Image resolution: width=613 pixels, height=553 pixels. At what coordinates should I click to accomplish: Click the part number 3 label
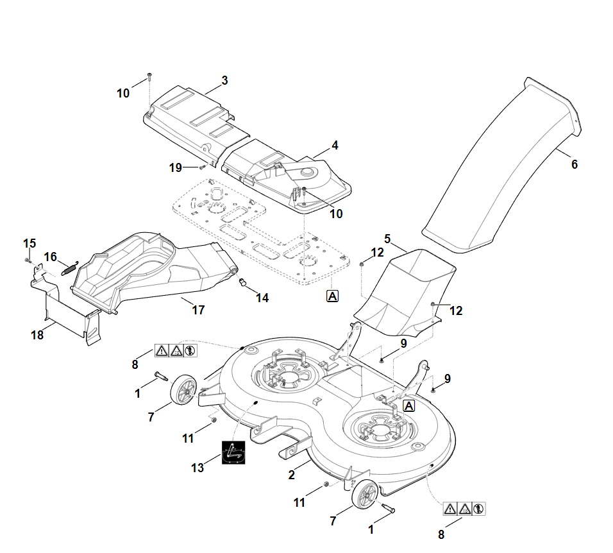[224, 81]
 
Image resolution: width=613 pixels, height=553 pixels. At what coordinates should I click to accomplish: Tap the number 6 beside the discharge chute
[574, 164]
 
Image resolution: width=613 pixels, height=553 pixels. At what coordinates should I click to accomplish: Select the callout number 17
[199, 310]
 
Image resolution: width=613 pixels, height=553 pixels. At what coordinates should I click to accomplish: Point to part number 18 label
[38, 334]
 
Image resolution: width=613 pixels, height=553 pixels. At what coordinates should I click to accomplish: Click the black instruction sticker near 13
[234, 452]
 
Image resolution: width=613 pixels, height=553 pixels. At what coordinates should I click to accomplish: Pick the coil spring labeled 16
[69, 267]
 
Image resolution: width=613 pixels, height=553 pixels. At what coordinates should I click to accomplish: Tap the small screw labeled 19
[202, 167]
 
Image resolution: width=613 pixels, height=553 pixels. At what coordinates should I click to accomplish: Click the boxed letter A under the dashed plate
[332, 296]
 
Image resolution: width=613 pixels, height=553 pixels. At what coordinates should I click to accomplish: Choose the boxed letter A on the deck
[408, 405]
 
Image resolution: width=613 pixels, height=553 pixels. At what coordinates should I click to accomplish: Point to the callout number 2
[292, 475]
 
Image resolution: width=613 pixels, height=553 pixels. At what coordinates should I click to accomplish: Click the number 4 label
[334, 146]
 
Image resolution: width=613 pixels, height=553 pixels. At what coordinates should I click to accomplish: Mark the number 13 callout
[197, 468]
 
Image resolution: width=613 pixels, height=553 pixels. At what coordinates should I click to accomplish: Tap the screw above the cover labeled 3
[149, 76]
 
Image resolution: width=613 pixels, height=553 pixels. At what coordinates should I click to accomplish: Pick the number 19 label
[175, 167]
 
